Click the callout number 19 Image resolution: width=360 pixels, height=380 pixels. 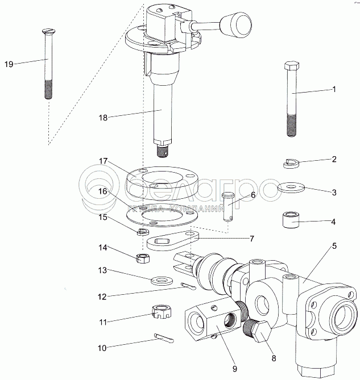click(x=9, y=64)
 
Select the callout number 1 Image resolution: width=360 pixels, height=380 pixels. click(x=334, y=89)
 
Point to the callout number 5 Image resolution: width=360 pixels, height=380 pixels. click(x=334, y=245)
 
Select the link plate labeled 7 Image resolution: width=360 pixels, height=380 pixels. click(x=170, y=242)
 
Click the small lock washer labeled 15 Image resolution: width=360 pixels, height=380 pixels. click(x=143, y=232)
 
